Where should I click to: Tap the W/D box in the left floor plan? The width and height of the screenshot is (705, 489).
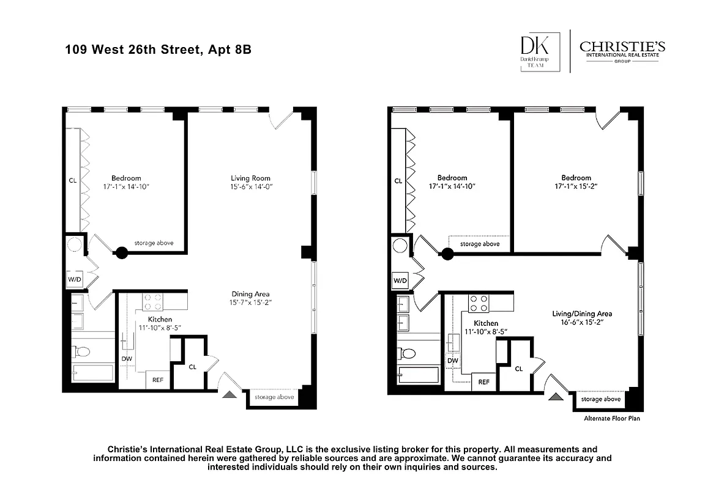click(75, 280)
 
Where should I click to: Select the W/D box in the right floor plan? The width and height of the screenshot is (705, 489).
click(400, 281)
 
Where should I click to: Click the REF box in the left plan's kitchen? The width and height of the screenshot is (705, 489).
click(158, 380)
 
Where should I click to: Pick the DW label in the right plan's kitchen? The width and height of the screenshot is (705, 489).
click(453, 361)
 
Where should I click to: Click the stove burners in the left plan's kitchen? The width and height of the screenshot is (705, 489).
click(152, 303)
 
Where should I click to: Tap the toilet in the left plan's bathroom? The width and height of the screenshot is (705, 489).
click(81, 351)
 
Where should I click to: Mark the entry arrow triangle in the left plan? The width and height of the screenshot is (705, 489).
click(230, 395)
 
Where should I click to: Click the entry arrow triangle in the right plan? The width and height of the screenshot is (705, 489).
click(556, 397)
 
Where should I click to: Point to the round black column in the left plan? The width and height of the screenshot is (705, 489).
click(122, 252)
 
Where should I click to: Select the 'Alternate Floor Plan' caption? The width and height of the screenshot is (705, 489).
click(607, 419)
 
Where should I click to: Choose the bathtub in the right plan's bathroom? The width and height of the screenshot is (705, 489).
click(419, 374)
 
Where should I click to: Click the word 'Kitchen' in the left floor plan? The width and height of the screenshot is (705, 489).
click(160, 319)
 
